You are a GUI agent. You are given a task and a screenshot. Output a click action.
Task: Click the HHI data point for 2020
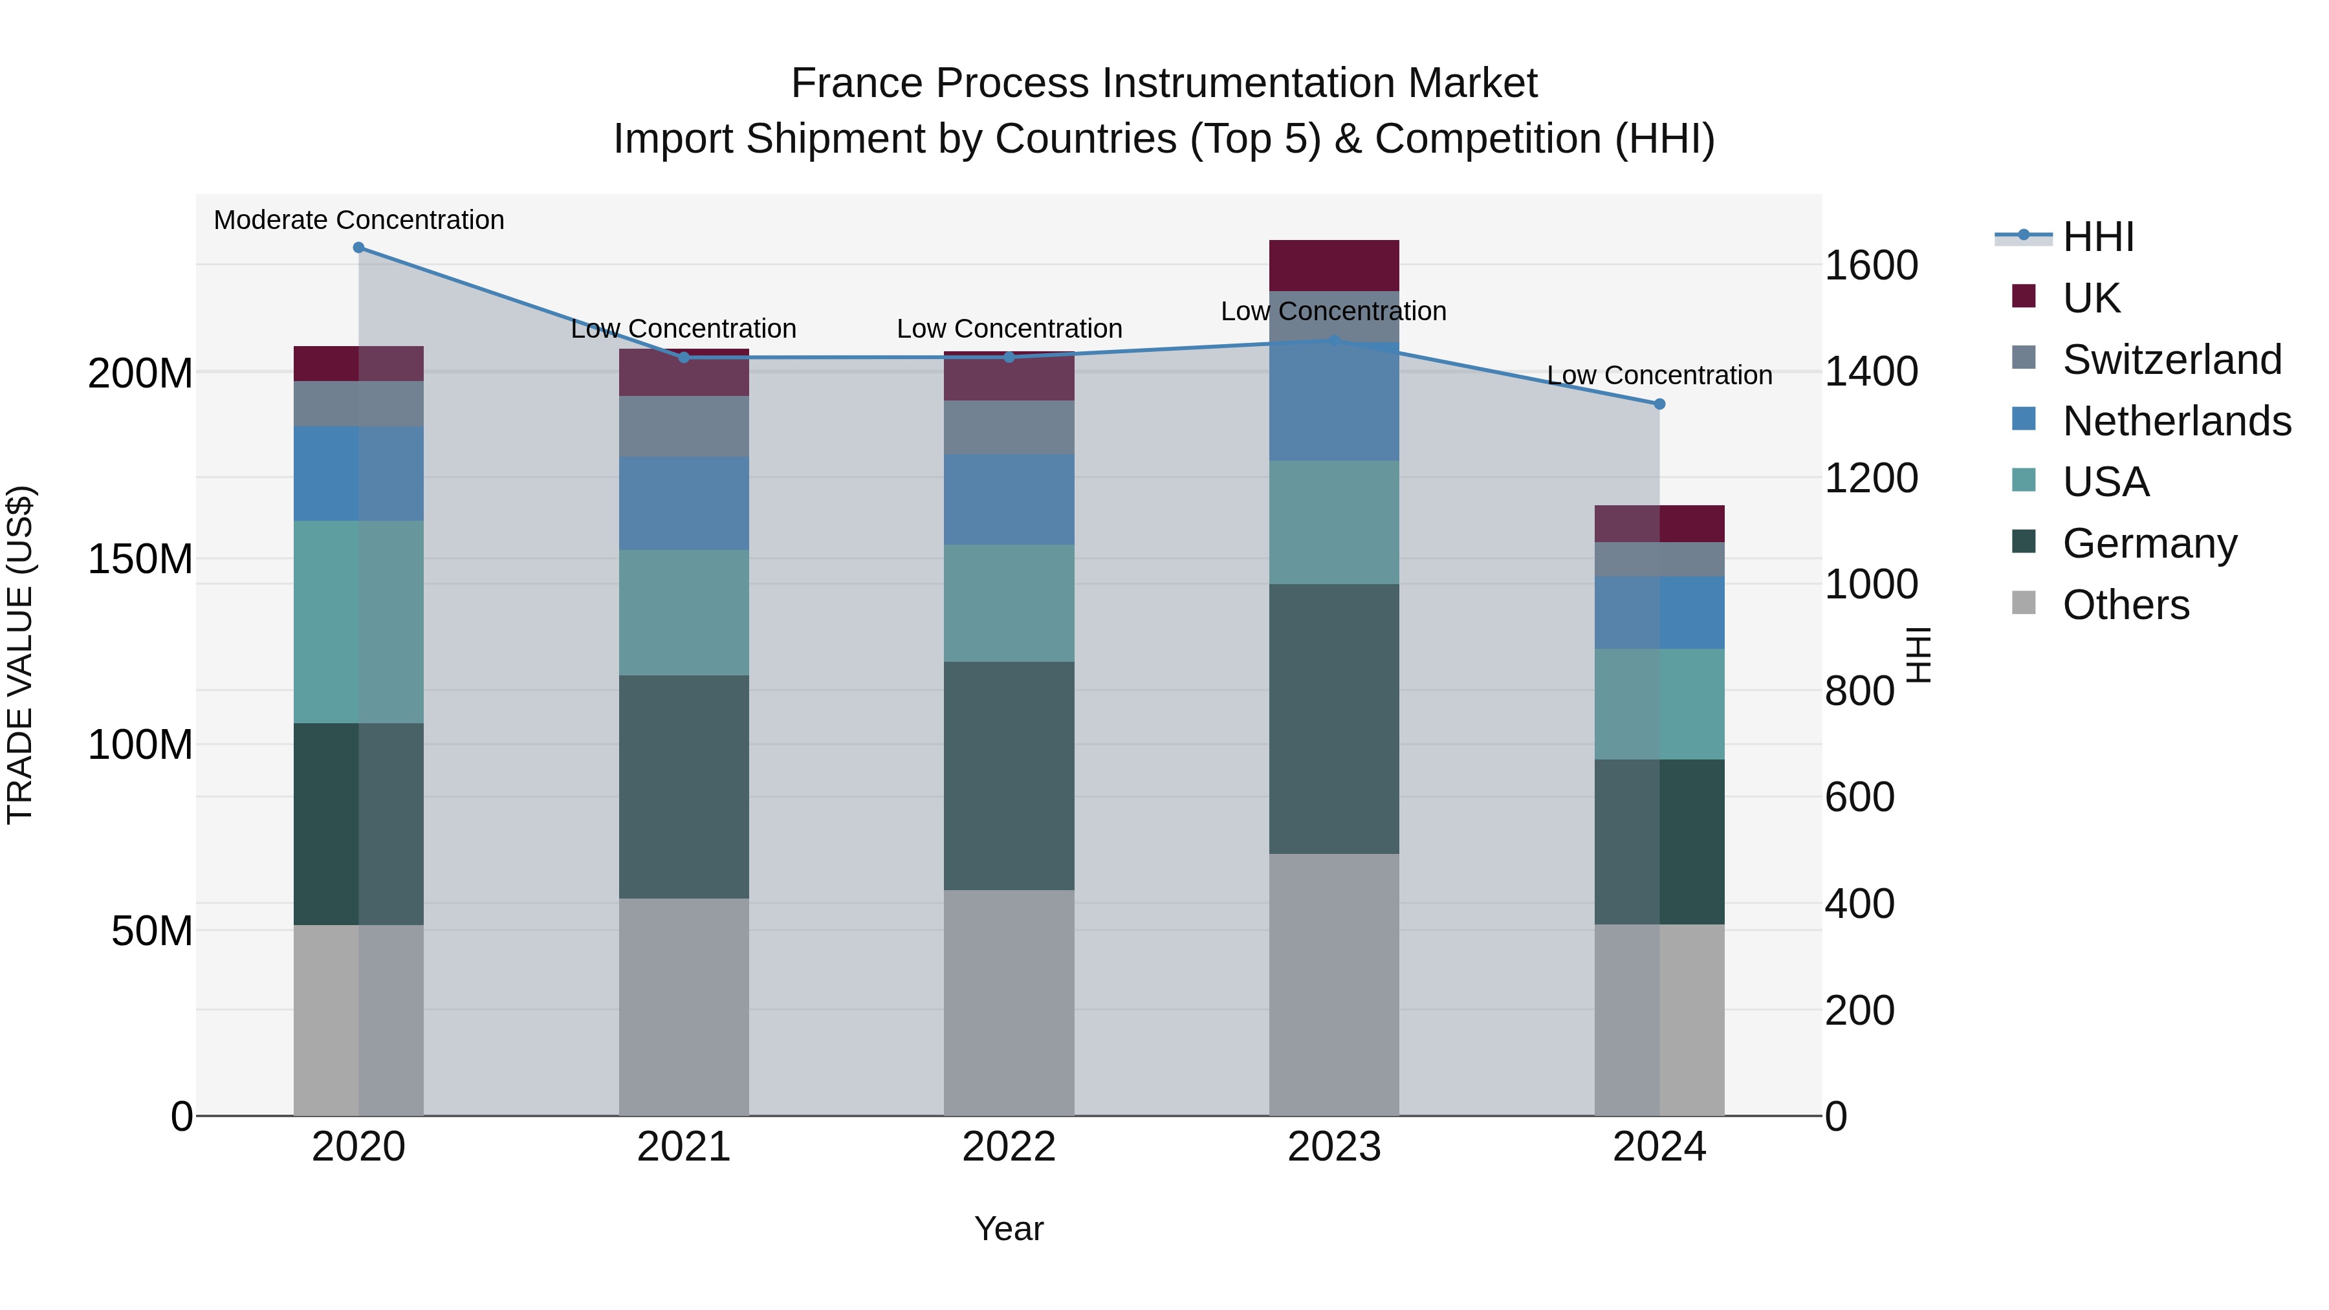point(359,248)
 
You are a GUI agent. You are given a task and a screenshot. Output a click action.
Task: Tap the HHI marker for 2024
point(1659,404)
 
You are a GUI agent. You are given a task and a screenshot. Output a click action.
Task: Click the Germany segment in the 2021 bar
point(684,787)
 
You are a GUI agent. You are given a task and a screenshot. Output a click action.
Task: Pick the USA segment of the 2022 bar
point(1009,603)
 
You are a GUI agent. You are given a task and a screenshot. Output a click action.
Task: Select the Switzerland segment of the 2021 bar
point(684,427)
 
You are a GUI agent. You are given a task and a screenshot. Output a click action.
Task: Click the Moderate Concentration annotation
point(359,221)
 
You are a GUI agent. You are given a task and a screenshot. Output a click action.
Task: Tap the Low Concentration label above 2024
point(1659,375)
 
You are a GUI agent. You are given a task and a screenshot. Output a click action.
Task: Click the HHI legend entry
point(2097,237)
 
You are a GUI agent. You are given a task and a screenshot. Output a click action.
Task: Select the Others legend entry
point(2125,605)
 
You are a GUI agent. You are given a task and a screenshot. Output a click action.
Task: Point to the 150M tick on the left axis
point(140,559)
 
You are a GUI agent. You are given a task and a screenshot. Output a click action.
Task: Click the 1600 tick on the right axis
point(1870,266)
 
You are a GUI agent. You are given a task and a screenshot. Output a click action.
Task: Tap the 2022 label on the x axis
point(1009,1147)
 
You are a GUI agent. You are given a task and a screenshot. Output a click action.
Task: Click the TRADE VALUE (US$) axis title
point(20,655)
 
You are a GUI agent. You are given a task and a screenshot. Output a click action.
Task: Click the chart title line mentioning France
point(1164,83)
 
